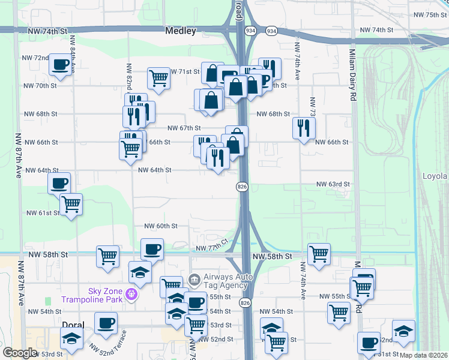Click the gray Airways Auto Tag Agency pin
tap(194, 279)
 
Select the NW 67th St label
tap(184, 128)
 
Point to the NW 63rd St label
tap(333, 184)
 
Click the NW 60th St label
tap(160, 226)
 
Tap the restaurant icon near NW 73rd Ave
tap(304, 127)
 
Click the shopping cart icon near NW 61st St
tap(71, 204)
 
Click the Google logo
tap(20, 353)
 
